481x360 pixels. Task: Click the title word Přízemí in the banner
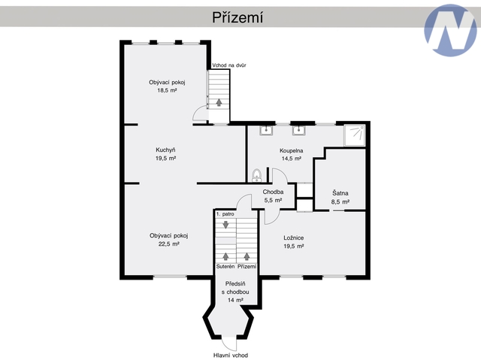coord(237,17)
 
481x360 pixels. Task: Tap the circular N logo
coord(450,30)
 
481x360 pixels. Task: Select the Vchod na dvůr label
coord(229,65)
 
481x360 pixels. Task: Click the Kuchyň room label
coord(165,150)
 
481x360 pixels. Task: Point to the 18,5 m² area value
coord(167,90)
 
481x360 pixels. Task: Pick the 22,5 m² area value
coord(168,244)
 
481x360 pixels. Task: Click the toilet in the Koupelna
coord(257,175)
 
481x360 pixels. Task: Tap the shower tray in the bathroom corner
coord(354,135)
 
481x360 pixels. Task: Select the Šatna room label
coord(340,193)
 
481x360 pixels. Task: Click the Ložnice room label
coord(294,237)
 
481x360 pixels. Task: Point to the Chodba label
coord(273,192)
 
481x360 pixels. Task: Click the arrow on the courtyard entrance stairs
coord(219,102)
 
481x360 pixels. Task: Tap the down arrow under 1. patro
coord(225,225)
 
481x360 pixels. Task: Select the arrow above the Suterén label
coord(225,256)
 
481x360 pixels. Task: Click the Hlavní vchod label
coord(231,355)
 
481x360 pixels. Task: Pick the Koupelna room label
coord(292,150)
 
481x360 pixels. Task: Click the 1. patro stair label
coord(225,214)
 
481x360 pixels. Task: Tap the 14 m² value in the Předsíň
coord(235,300)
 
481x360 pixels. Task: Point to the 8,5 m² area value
coord(340,202)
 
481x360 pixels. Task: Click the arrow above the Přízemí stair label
coord(247,256)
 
